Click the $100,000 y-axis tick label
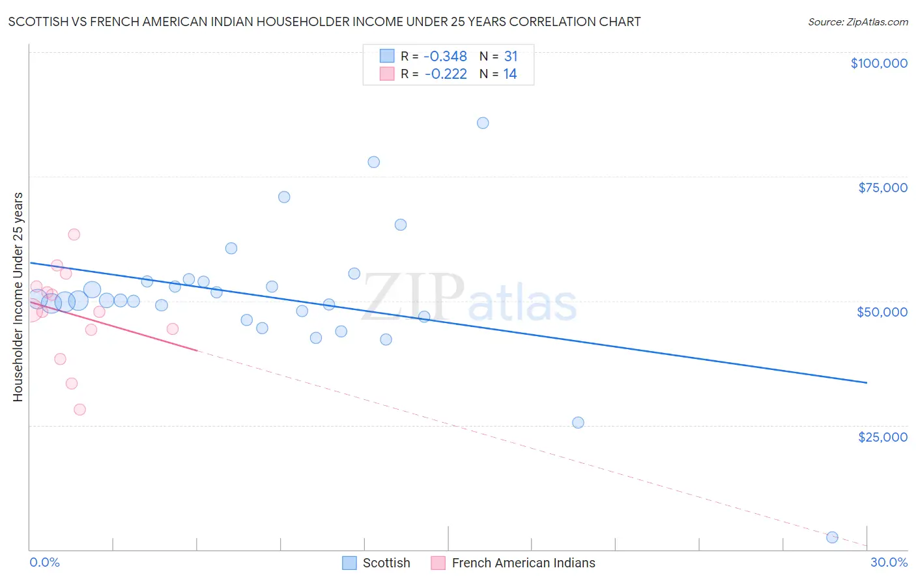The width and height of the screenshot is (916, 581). coord(878,63)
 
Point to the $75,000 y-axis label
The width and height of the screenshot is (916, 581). coord(882,188)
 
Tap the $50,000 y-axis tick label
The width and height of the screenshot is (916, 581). coord(881,312)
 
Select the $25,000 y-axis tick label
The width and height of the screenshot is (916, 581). coord(882,436)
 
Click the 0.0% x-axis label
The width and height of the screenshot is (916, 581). coord(44,562)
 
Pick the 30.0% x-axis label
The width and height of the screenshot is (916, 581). coord(889,562)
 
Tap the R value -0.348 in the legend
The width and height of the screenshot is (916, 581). coord(446,57)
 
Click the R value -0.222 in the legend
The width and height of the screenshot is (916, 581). coord(446,74)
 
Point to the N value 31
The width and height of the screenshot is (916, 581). coord(510,57)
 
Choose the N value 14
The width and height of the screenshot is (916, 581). coord(509,74)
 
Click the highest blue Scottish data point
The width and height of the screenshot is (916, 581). coord(483,123)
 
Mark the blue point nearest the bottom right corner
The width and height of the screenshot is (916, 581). coord(832,537)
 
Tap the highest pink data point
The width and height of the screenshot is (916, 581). coord(74,234)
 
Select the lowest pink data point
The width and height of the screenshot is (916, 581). coord(79,410)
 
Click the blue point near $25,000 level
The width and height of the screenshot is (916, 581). coord(578,423)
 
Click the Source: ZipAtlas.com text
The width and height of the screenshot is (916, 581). coord(857,22)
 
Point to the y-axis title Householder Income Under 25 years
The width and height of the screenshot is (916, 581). coord(18,296)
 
